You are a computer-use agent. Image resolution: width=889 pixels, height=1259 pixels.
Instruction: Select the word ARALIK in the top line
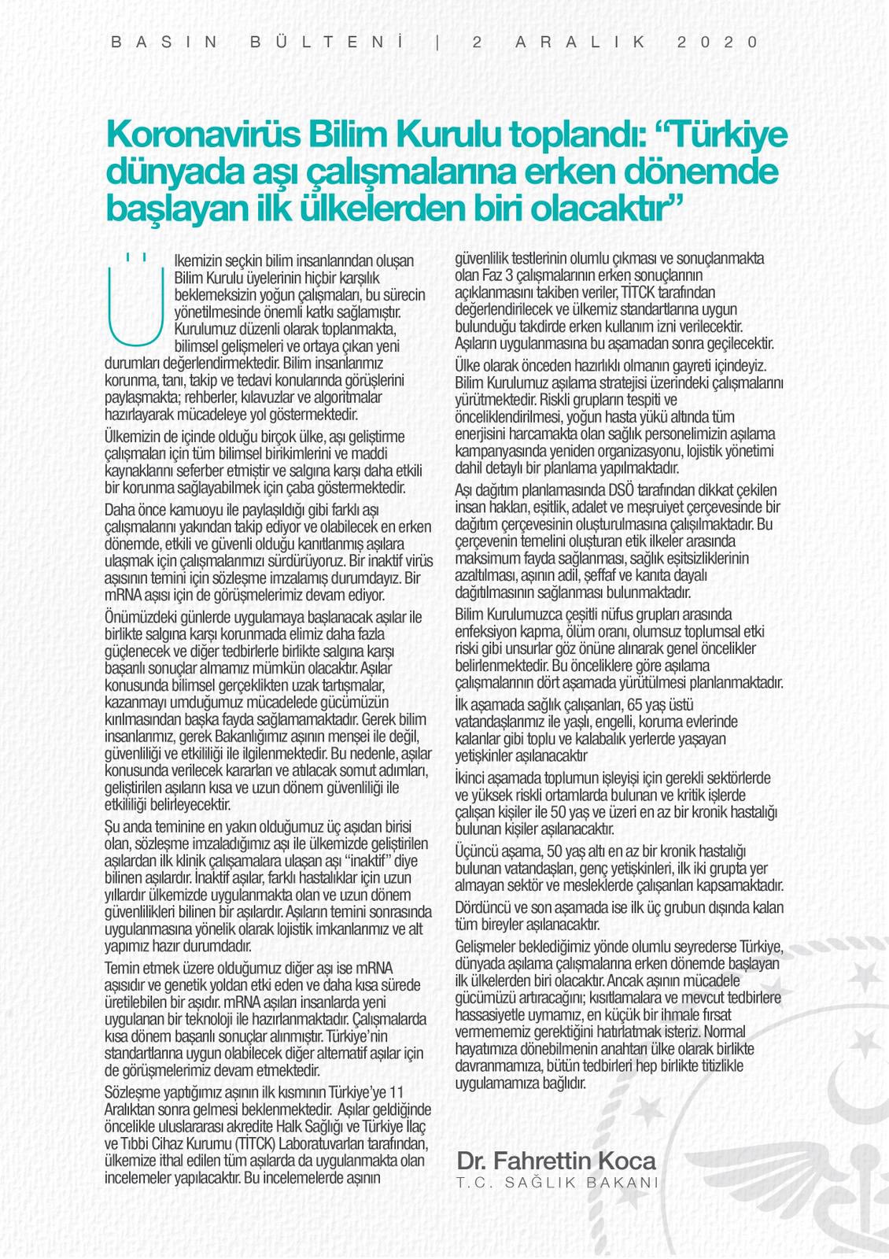coord(581,42)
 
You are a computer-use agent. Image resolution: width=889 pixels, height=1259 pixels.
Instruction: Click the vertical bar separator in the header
coord(437,42)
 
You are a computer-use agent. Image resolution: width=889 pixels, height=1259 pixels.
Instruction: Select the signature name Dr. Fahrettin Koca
coord(555,1161)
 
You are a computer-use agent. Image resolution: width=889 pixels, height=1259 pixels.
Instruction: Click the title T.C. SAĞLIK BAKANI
coord(557,1183)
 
